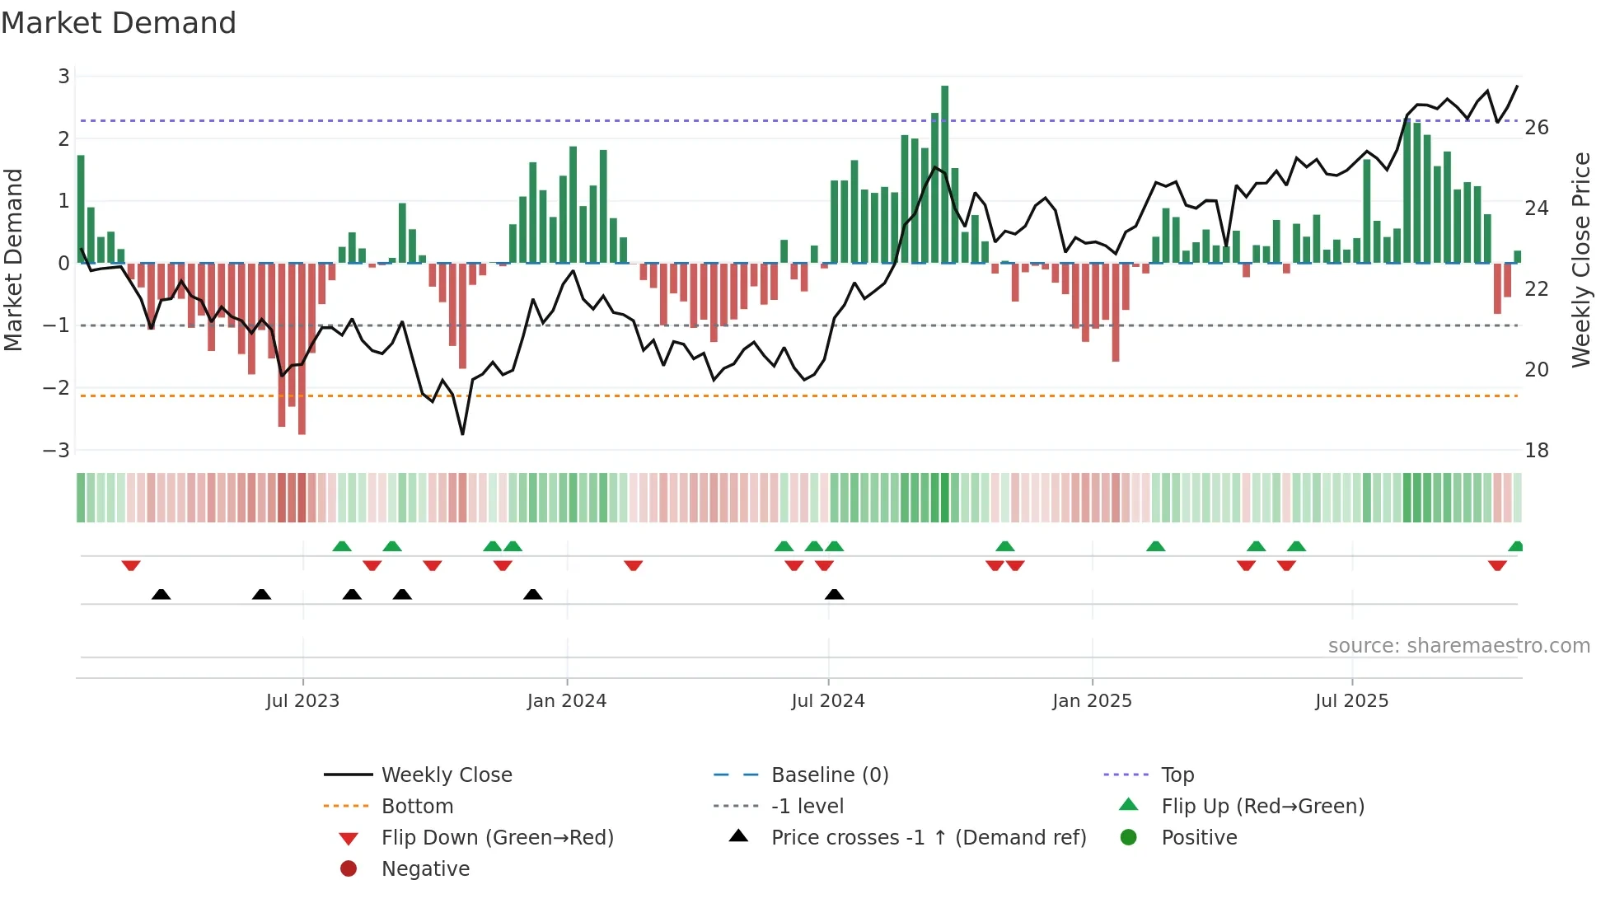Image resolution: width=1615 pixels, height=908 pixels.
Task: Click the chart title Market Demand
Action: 119,23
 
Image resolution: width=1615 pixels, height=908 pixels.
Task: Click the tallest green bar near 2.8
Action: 944,173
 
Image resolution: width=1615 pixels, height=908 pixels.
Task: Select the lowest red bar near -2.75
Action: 302,350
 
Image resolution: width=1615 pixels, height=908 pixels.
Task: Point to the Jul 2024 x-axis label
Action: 828,701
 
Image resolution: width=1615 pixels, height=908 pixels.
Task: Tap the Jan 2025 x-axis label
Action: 1092,701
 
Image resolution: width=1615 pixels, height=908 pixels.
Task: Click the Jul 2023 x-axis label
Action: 302,701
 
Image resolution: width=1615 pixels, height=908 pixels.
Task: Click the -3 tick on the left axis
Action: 57,451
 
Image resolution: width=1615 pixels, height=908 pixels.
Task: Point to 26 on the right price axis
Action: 1536,128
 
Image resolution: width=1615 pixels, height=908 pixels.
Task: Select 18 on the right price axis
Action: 1536,451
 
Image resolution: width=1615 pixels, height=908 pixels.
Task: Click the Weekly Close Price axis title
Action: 1580,260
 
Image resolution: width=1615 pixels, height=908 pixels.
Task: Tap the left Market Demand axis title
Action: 13,260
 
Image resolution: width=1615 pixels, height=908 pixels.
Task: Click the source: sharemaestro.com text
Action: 1458,646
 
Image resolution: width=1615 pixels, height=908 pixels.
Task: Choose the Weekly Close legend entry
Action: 447,775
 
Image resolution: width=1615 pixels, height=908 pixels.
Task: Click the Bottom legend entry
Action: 417,807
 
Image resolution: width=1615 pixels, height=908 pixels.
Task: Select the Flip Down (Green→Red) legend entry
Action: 497,838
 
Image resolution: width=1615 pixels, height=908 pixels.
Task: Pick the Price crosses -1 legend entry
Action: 928,838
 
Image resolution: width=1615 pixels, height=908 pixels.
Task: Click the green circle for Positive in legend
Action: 1129,838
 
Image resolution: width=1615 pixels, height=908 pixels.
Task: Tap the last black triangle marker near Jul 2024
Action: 834,595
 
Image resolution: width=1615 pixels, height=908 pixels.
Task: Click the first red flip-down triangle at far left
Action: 131,565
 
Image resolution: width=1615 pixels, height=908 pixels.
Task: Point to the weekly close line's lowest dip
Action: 462,433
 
